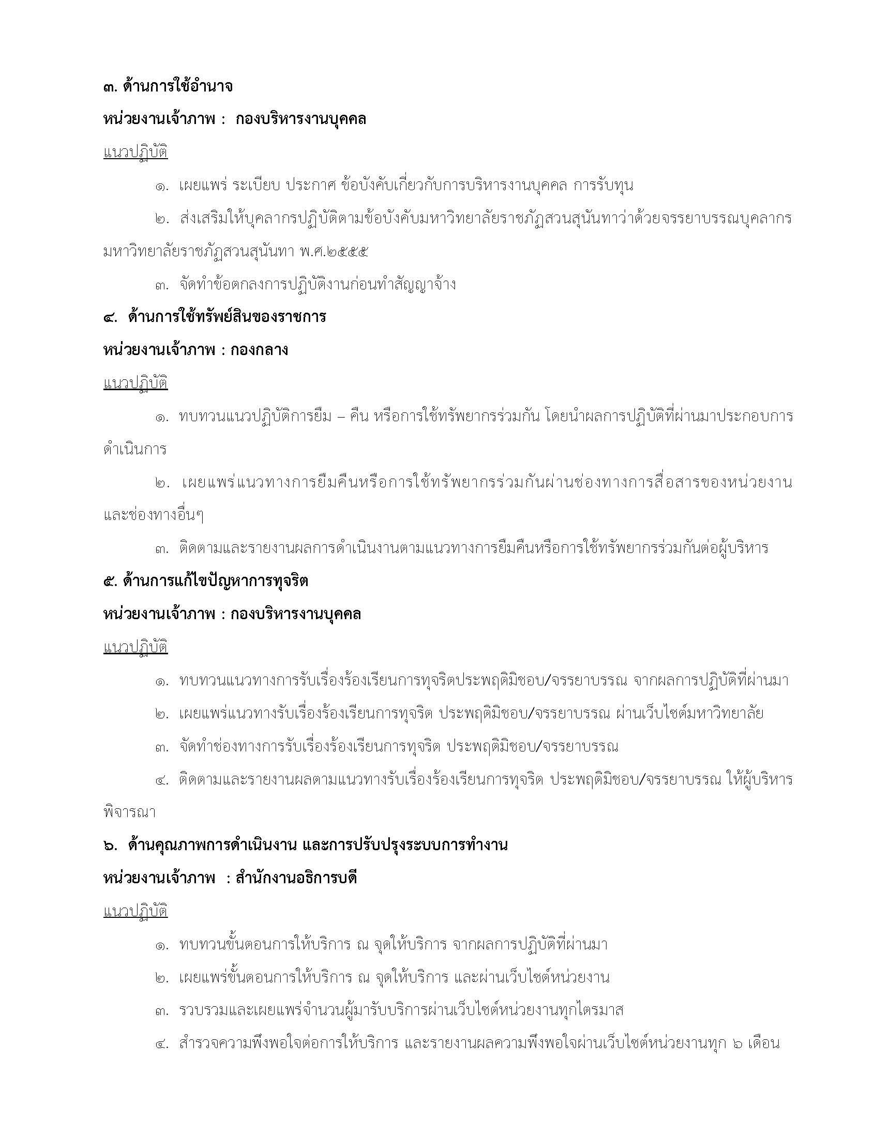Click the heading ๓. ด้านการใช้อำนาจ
click(168, 86)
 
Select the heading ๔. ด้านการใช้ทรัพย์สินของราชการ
click(214, 316)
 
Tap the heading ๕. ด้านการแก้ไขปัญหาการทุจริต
click(206, 580)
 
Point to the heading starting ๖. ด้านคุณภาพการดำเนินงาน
click(305, 844)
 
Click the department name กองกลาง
click(260, 350)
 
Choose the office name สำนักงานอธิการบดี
click(296, 878)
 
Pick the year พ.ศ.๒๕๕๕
click(335, 252)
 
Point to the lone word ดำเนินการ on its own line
click(135, 449)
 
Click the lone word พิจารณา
click(130, 812)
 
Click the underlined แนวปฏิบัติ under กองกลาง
click(135, 383)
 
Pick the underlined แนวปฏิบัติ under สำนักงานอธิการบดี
click(135, 912)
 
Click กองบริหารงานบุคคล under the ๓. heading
click(300, 119)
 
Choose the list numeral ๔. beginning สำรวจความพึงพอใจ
click(162, 1044)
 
